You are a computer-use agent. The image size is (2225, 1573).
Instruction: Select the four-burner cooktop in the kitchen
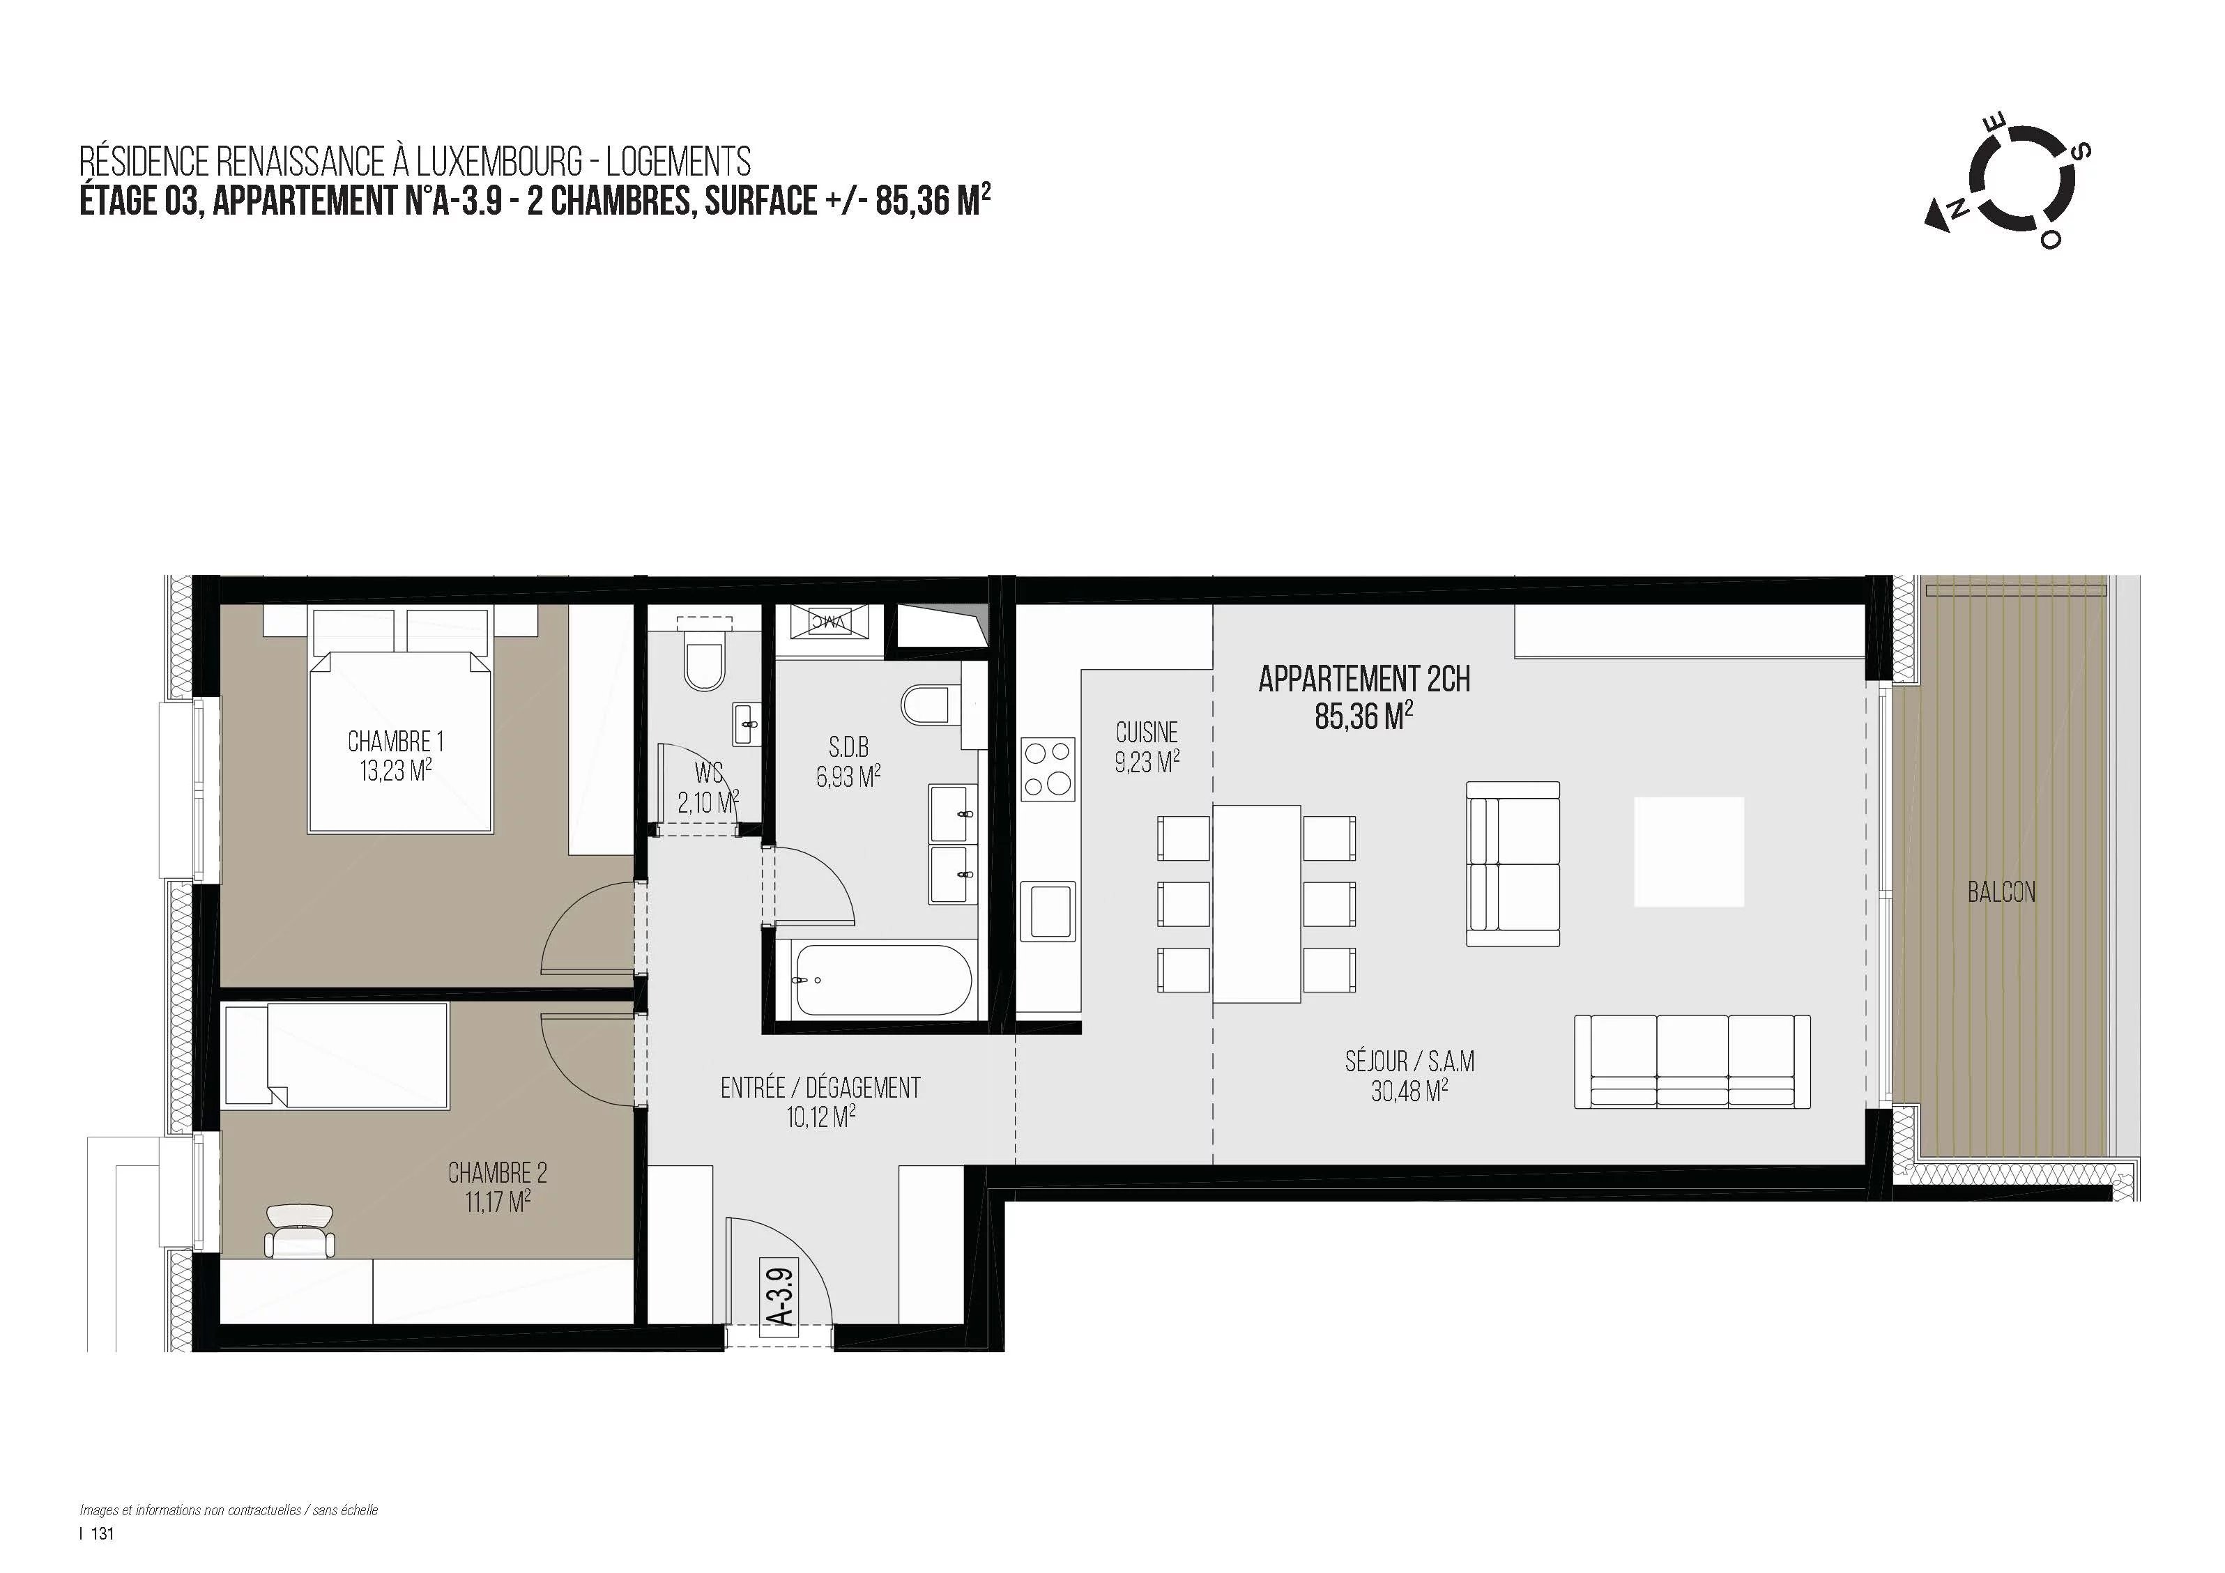click(x=1048, y=769)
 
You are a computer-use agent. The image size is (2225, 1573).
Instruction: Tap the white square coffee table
click(x=1689, y=852)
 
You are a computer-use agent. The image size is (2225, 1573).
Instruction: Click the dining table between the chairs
click(x=1256, y=904)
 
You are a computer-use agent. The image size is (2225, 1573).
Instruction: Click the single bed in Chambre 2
click(x=336, y=1055)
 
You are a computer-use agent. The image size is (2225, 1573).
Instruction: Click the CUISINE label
click(x=1147, y=732)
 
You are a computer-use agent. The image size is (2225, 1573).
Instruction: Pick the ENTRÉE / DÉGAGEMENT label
click(x=820, y=1089)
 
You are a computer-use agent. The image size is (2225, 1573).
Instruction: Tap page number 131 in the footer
click(x=102, y=1533)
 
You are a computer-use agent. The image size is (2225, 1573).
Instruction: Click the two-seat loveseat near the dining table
click(x=1513, y=864)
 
